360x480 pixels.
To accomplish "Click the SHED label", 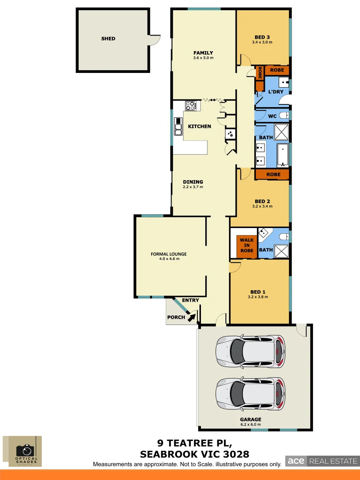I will tap(108, 39).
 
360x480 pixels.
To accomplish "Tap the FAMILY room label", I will tap(203, 53).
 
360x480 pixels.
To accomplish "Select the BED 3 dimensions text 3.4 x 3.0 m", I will tap(262, 43).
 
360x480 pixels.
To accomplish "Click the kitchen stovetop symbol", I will tap(191, 106).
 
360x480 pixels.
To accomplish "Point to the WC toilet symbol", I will tap(286, 116).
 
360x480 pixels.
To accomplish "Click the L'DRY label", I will tap(276, 92).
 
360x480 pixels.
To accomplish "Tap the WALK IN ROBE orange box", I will tap(247, 245).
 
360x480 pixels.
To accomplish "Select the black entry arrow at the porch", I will tap(192, 317).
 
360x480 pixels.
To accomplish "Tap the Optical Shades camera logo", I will tap(25, 450).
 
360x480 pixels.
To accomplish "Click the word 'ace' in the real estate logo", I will tap(296, 461).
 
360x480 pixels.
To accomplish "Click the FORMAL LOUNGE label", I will tap(168, 254).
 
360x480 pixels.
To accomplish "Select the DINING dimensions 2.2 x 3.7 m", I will tap(192, 187).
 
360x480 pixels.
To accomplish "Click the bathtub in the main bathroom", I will tap(283, 153).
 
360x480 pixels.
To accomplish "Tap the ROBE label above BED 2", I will tap(273, 175).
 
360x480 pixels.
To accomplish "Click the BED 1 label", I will tap(257, 292).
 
